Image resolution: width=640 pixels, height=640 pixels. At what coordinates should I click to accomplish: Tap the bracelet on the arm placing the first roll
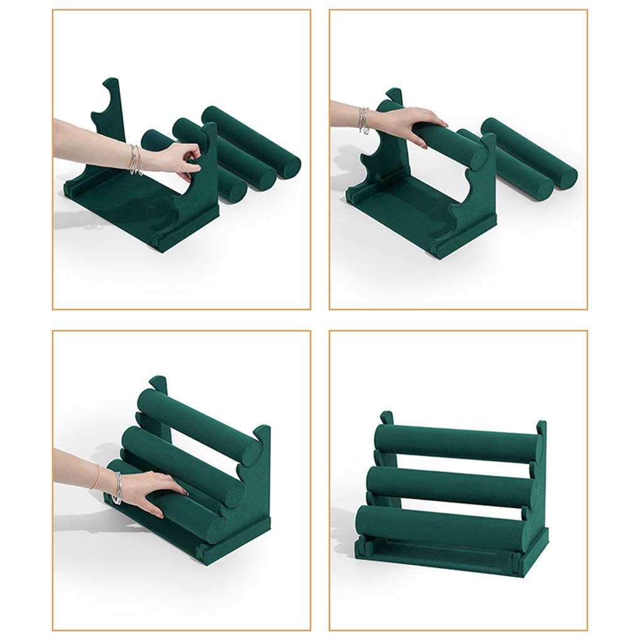(363, 119)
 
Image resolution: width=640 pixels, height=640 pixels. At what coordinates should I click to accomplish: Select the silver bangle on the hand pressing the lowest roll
(117, 488)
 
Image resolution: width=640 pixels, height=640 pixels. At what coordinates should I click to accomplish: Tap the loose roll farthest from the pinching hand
(251, 142)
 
